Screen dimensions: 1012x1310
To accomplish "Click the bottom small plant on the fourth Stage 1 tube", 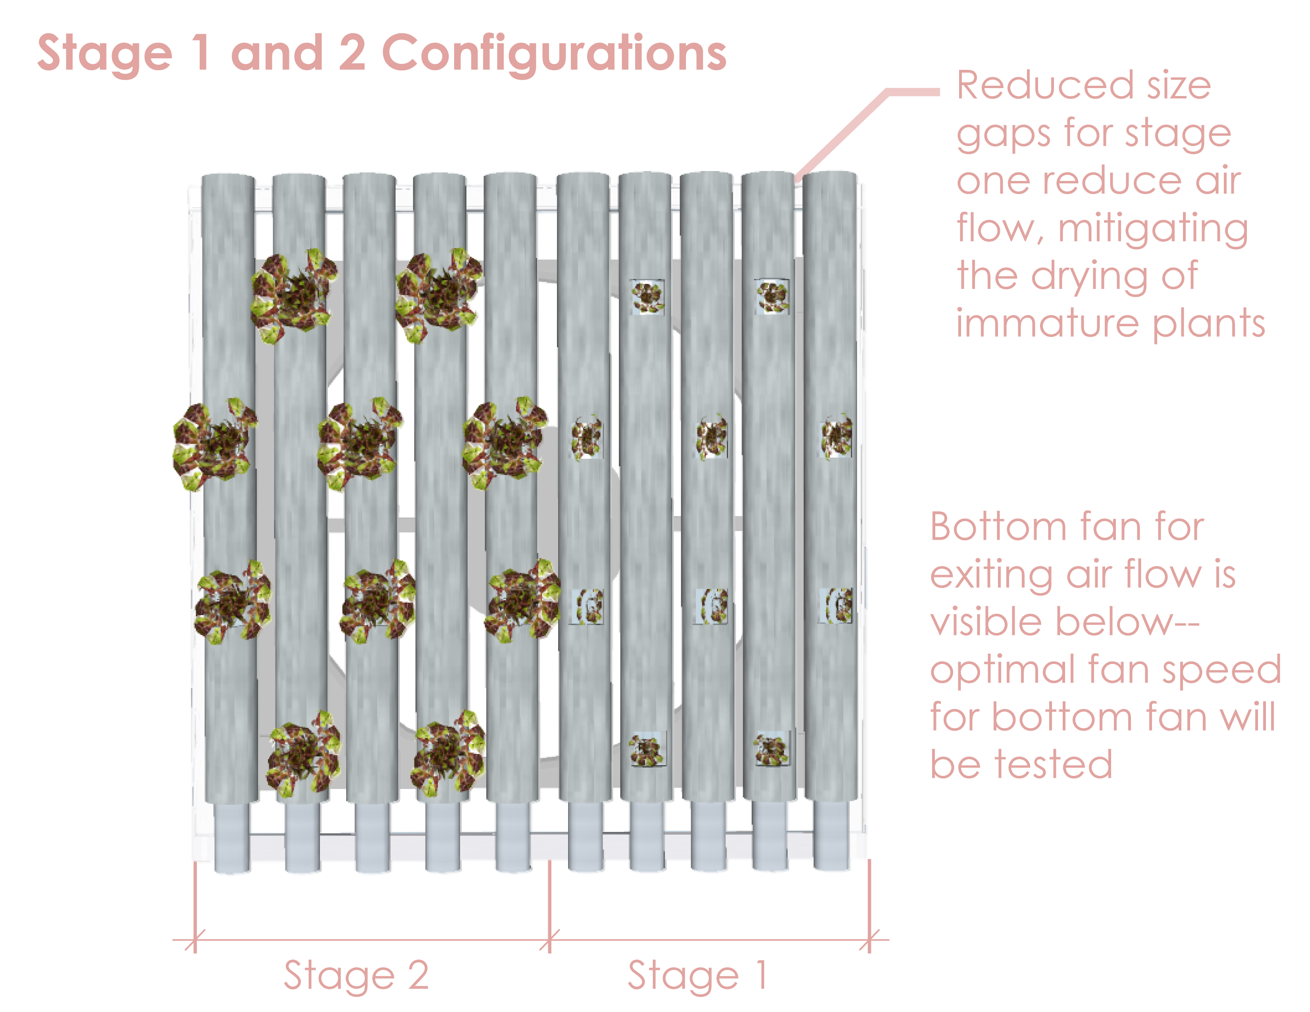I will click(771, 749).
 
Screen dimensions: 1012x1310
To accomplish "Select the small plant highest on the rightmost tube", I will click(836, 436).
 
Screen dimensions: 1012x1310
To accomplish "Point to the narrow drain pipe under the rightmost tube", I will click(831, 836).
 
